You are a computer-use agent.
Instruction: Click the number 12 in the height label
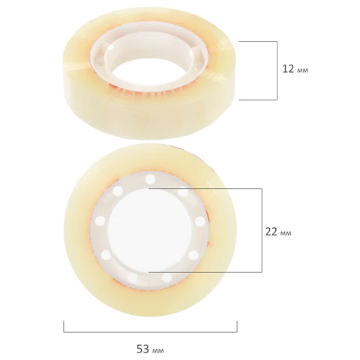coord(288,69)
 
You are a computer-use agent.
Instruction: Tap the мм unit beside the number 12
coord(303,70)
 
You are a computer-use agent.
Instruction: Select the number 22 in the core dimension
coord(271,232)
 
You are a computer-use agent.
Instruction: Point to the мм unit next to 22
coord(286,233)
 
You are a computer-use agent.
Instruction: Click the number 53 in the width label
coord(142,349)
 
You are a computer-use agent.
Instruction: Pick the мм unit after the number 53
coord(158,350)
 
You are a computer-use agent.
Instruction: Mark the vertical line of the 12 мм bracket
coord(277,70)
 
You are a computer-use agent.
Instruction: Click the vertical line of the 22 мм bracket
coord(262,230)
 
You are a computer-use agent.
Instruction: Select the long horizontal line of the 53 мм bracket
coord(150,332)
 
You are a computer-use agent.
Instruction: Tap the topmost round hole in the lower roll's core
coord(150,179)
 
